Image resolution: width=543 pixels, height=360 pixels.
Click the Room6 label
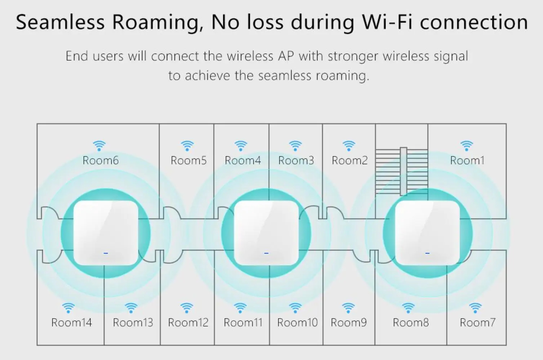point(101,160)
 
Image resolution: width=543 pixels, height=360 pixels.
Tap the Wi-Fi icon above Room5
point(187,146)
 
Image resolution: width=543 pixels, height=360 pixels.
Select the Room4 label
point(242,160)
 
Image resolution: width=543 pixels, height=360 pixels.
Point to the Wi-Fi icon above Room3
point(295,146)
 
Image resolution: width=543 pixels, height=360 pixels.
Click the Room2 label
point(350,160)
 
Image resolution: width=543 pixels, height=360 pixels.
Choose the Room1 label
point(467,160)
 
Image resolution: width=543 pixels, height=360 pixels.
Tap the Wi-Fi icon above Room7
point(476,308)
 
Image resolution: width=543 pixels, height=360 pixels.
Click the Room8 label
point(411,323)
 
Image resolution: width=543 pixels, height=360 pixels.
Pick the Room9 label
point(348,323)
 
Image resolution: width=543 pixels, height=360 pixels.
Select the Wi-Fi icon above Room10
point(295,308)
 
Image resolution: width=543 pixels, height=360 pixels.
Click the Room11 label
point(243,323)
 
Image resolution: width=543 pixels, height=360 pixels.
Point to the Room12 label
point(188,323)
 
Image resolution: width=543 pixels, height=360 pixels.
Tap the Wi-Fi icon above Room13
point(131,308)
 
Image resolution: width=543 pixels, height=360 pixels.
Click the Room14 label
point(71,323)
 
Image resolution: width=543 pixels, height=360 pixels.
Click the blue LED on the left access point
point(106,253)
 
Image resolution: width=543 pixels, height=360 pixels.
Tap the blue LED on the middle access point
point(266,253)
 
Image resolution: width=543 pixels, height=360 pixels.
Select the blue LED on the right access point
point(427,253)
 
